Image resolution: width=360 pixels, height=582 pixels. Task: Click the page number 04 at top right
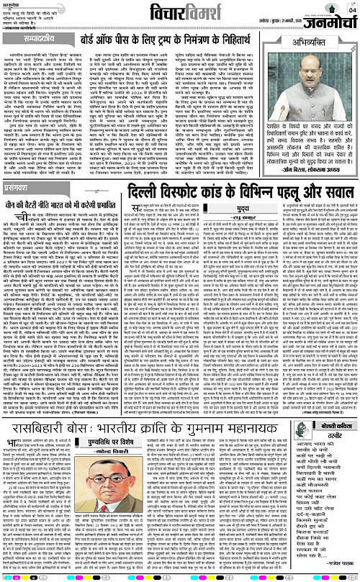(351, 8)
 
